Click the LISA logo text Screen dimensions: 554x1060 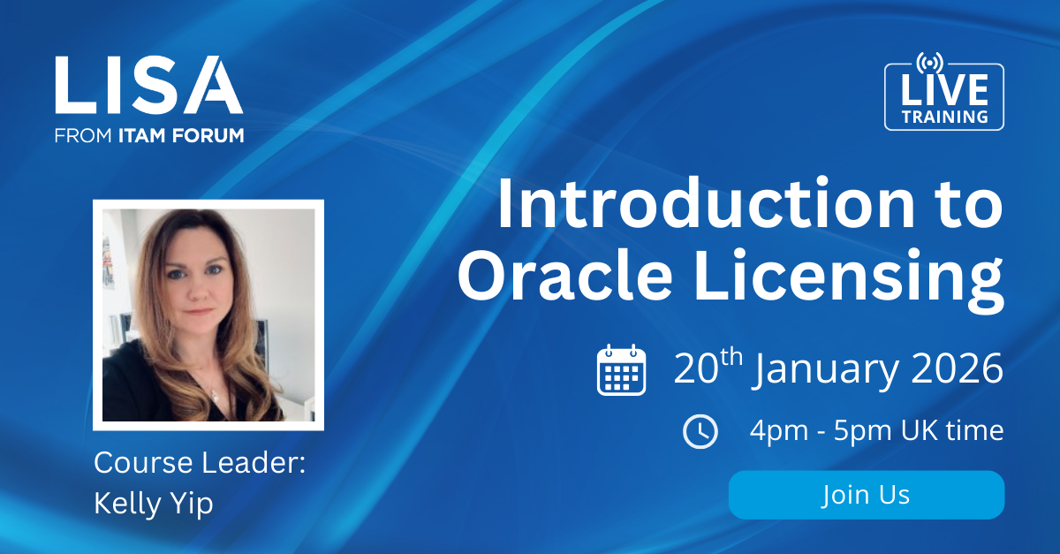[x=148, y=86]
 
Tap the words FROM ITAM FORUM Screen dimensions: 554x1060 [x=148, y=135]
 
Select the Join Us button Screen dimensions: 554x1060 [x=866, y=495]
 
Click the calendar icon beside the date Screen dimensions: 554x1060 [x=622, y=370]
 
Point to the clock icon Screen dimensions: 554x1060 [x=700, y=431]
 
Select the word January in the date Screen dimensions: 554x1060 [x=826, y=371]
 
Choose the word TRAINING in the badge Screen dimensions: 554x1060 [x=943, y=117]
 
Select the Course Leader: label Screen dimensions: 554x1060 [x=199, y=463]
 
